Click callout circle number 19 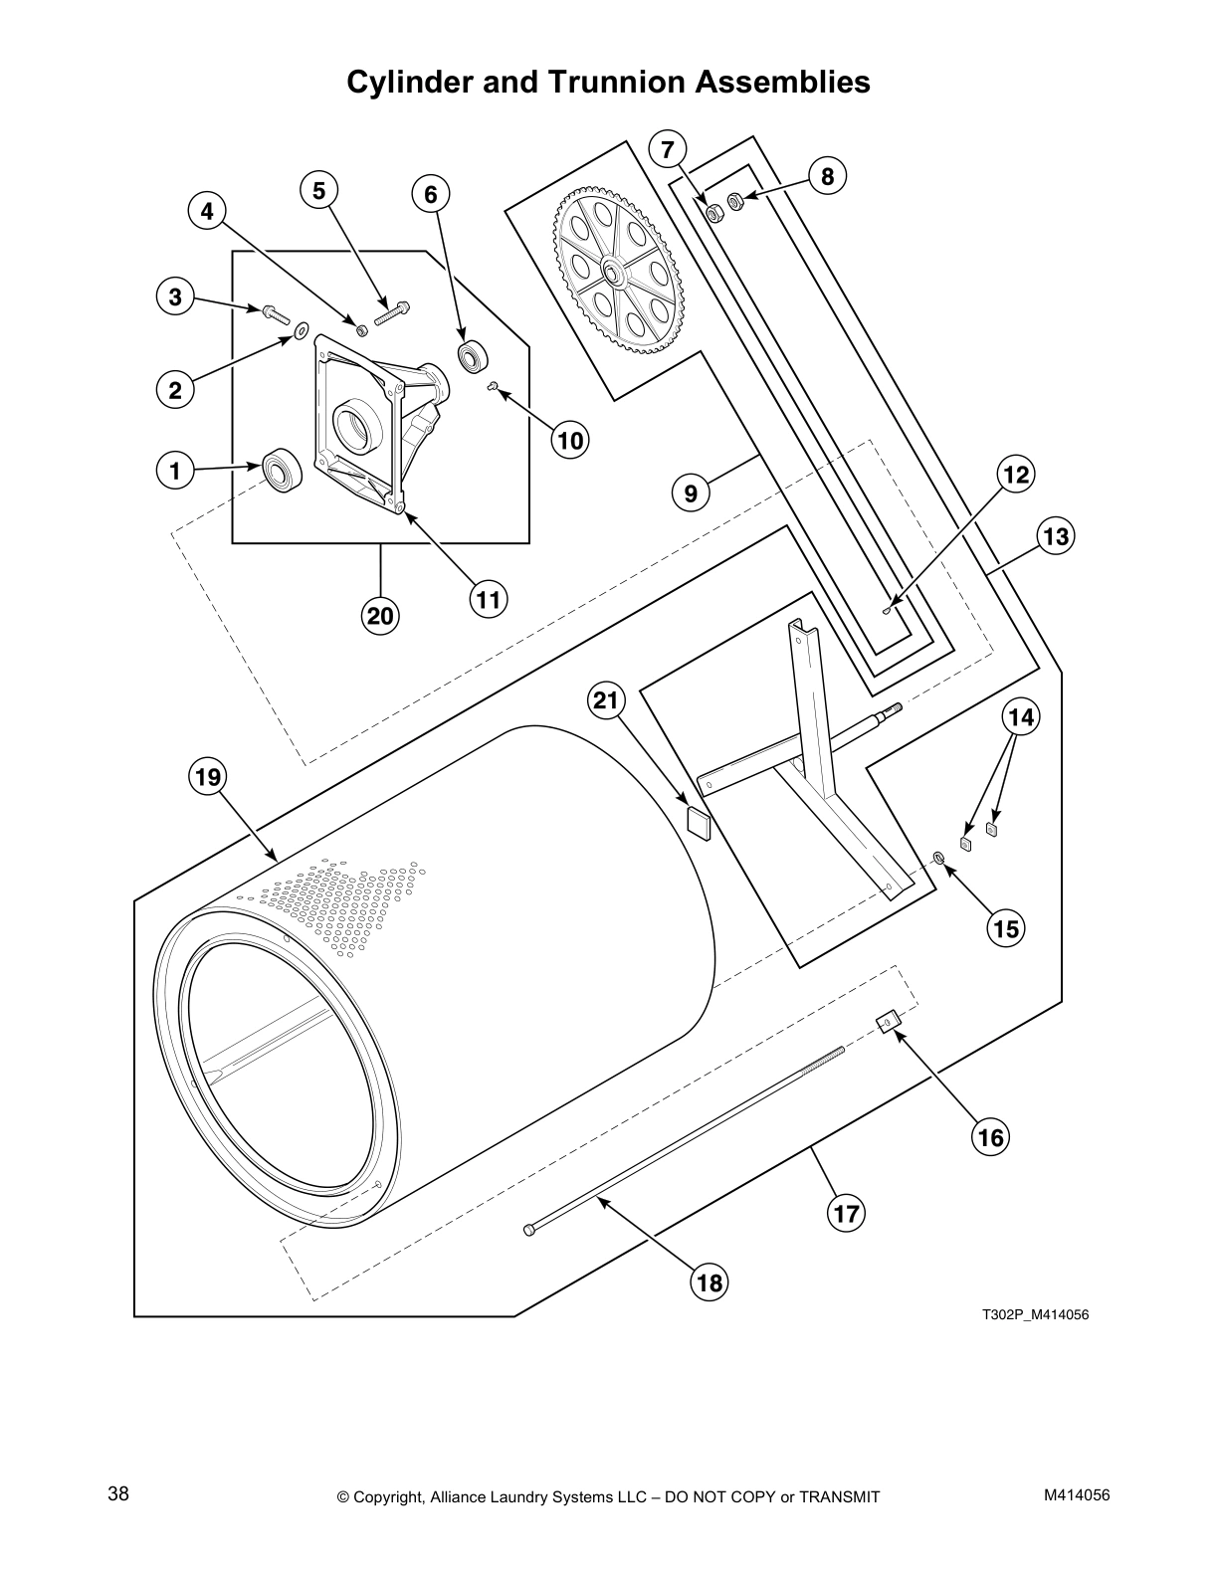coord(208,776)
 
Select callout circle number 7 coord(667,150)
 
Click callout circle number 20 coord(380,617)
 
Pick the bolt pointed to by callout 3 coord(274,314)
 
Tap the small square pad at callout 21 coord(701,824)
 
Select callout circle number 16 coord(991,1135)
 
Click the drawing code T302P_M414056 coord(1035,1314)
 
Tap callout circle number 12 coord(1014,475)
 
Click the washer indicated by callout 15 coord(939,857)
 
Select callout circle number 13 coord(1055,537)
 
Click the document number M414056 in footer coord(1077,1494)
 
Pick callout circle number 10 coord(570,439)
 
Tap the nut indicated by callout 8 coord(735,202)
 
